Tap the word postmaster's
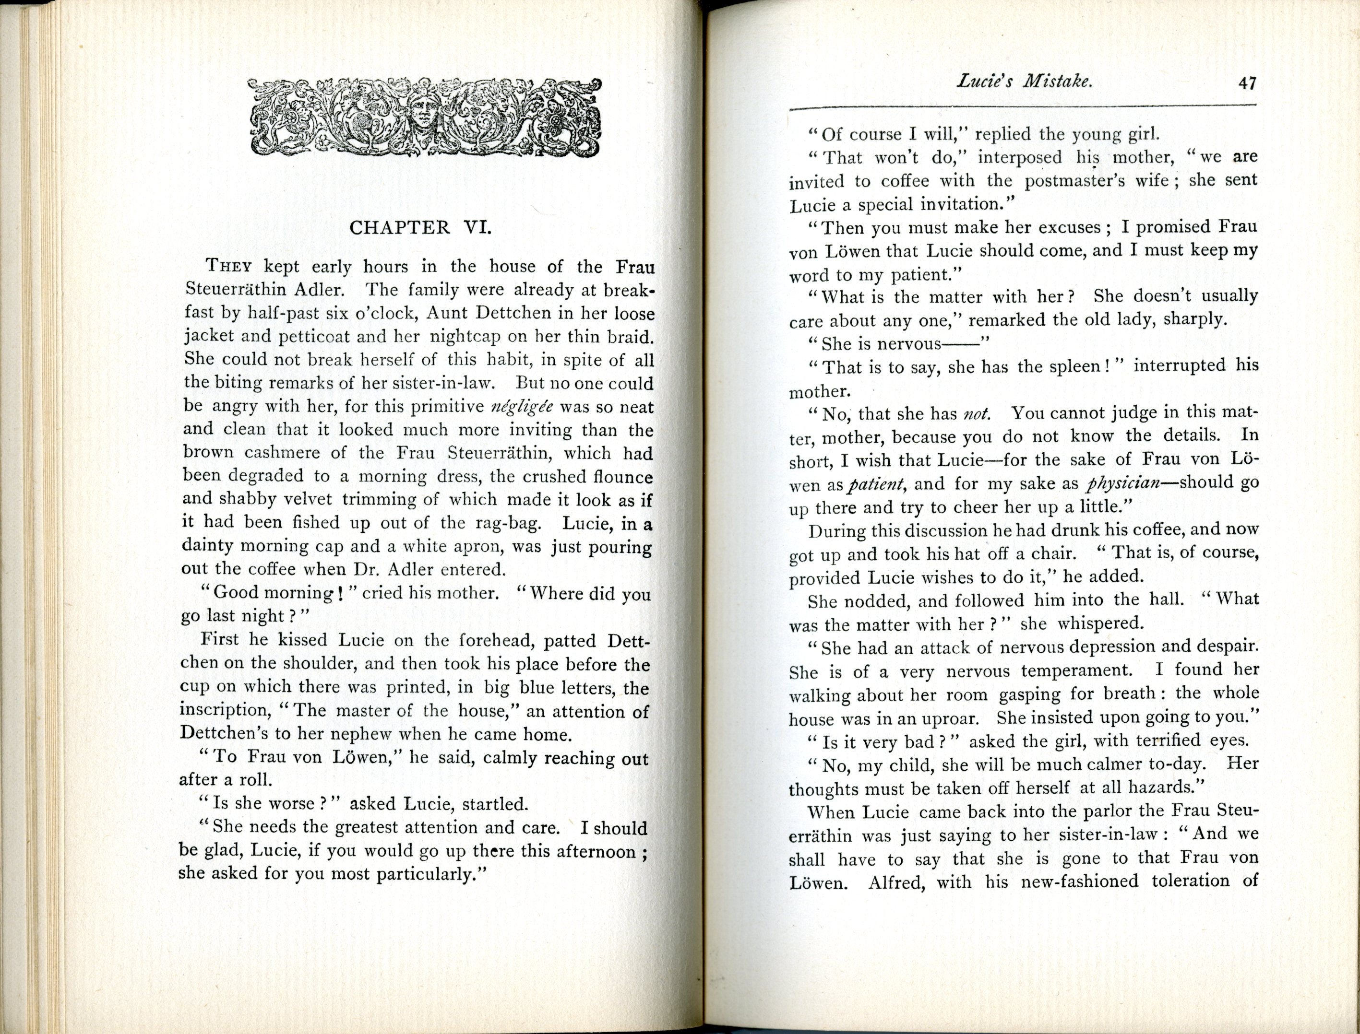(x=1097, y=181)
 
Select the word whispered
(x=1100, y=623)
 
